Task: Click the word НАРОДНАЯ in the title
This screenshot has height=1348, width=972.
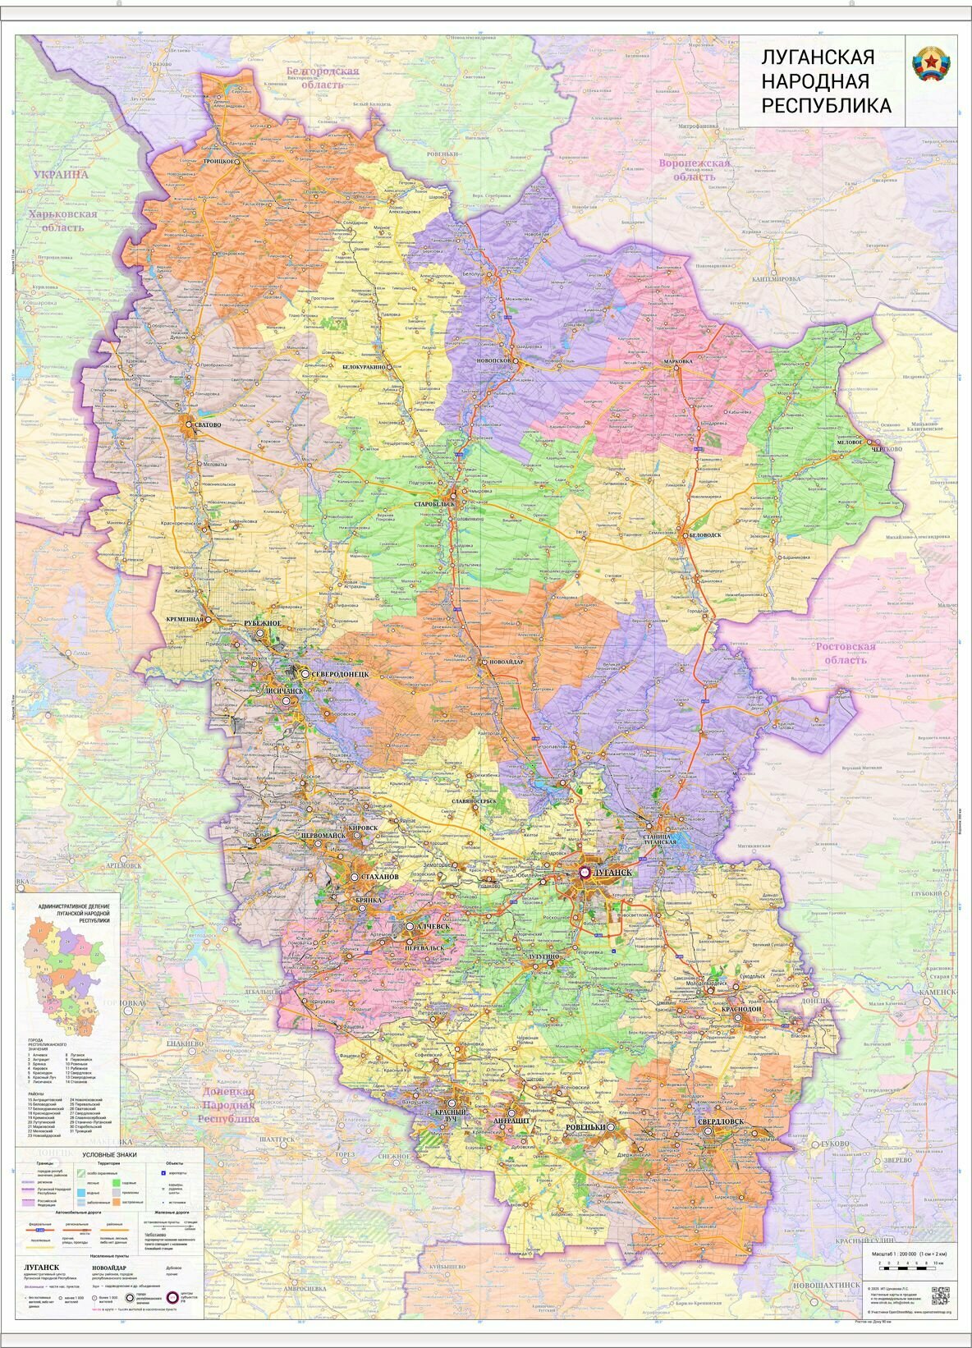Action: [x=814, y=81]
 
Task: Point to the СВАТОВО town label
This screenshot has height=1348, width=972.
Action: [x=208, y=424]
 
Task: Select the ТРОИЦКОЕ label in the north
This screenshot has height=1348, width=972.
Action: [x=220, y=163]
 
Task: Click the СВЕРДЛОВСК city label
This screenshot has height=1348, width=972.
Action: [x=720, y=1121]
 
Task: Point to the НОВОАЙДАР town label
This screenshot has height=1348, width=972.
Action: [x=506, y=662]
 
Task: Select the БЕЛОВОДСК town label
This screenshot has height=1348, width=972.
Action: [x=703, y=534]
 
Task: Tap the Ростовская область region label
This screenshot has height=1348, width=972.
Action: [x=845, y=653]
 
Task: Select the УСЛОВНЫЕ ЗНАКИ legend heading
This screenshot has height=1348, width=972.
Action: [x=109, y=1153]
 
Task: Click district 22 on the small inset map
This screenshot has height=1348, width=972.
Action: [x=96, y=954]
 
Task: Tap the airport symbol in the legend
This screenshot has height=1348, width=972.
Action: [x=163, y=1172]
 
